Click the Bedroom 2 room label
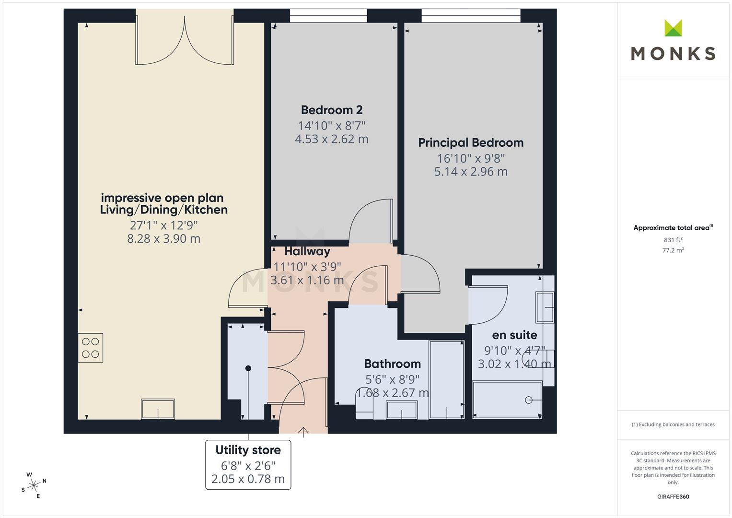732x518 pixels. [331, 110]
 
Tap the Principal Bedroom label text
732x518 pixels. [470, 142]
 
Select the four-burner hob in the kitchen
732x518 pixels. [90, 348]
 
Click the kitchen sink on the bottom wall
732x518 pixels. [158, 409]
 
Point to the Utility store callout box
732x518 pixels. [248, 464]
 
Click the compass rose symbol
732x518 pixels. [34, 485]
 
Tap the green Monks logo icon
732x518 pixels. [673, 28]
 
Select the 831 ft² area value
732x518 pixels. [673, 240]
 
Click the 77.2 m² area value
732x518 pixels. [673, 250]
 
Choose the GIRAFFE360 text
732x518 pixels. [673, 496]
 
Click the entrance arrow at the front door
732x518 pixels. [303, 431]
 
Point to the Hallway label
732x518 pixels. [307, 251]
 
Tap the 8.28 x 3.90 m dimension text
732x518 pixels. [163, 238]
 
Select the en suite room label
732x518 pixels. [514, 335]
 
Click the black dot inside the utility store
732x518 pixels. [248, 368]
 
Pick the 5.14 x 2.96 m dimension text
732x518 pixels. [470, 172]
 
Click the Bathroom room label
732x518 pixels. [392, 364]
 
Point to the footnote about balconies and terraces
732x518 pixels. [673, 424]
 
